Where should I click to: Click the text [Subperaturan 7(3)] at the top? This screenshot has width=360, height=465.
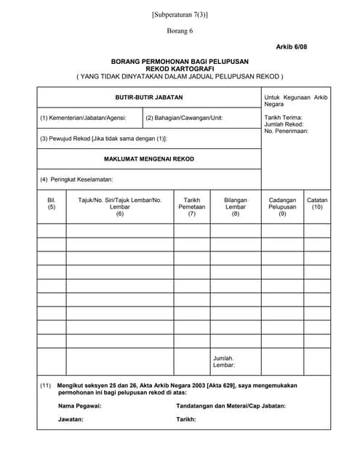coord(180,14)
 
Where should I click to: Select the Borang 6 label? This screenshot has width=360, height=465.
coord(180,31)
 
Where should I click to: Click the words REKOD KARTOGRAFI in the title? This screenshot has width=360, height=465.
coord(180,68)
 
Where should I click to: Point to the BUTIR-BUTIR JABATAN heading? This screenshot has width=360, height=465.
coord(149,97)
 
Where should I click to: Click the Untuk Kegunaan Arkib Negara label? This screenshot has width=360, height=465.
coord(295,100)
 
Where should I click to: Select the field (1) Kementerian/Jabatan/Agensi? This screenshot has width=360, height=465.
coord(83,118)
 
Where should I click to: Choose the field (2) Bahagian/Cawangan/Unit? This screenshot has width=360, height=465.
coord(184,118)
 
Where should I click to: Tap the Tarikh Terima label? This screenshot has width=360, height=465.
coord(284,117)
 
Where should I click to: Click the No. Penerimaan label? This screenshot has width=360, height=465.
coord(287,132)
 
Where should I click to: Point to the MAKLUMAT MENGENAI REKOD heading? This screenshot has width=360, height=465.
coord(149,158)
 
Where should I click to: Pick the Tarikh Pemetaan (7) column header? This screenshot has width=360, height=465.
coord(192,207)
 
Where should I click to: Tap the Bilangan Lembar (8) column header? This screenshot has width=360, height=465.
coord(236,207)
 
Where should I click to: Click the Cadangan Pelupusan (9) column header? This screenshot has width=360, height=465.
coord(282,207)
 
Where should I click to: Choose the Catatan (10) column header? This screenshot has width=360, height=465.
coord(317,203)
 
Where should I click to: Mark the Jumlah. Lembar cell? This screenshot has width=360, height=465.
coord(224,362)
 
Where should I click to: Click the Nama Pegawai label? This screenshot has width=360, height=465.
coord(79,405)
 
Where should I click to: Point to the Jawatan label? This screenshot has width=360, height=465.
coord(71,420)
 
